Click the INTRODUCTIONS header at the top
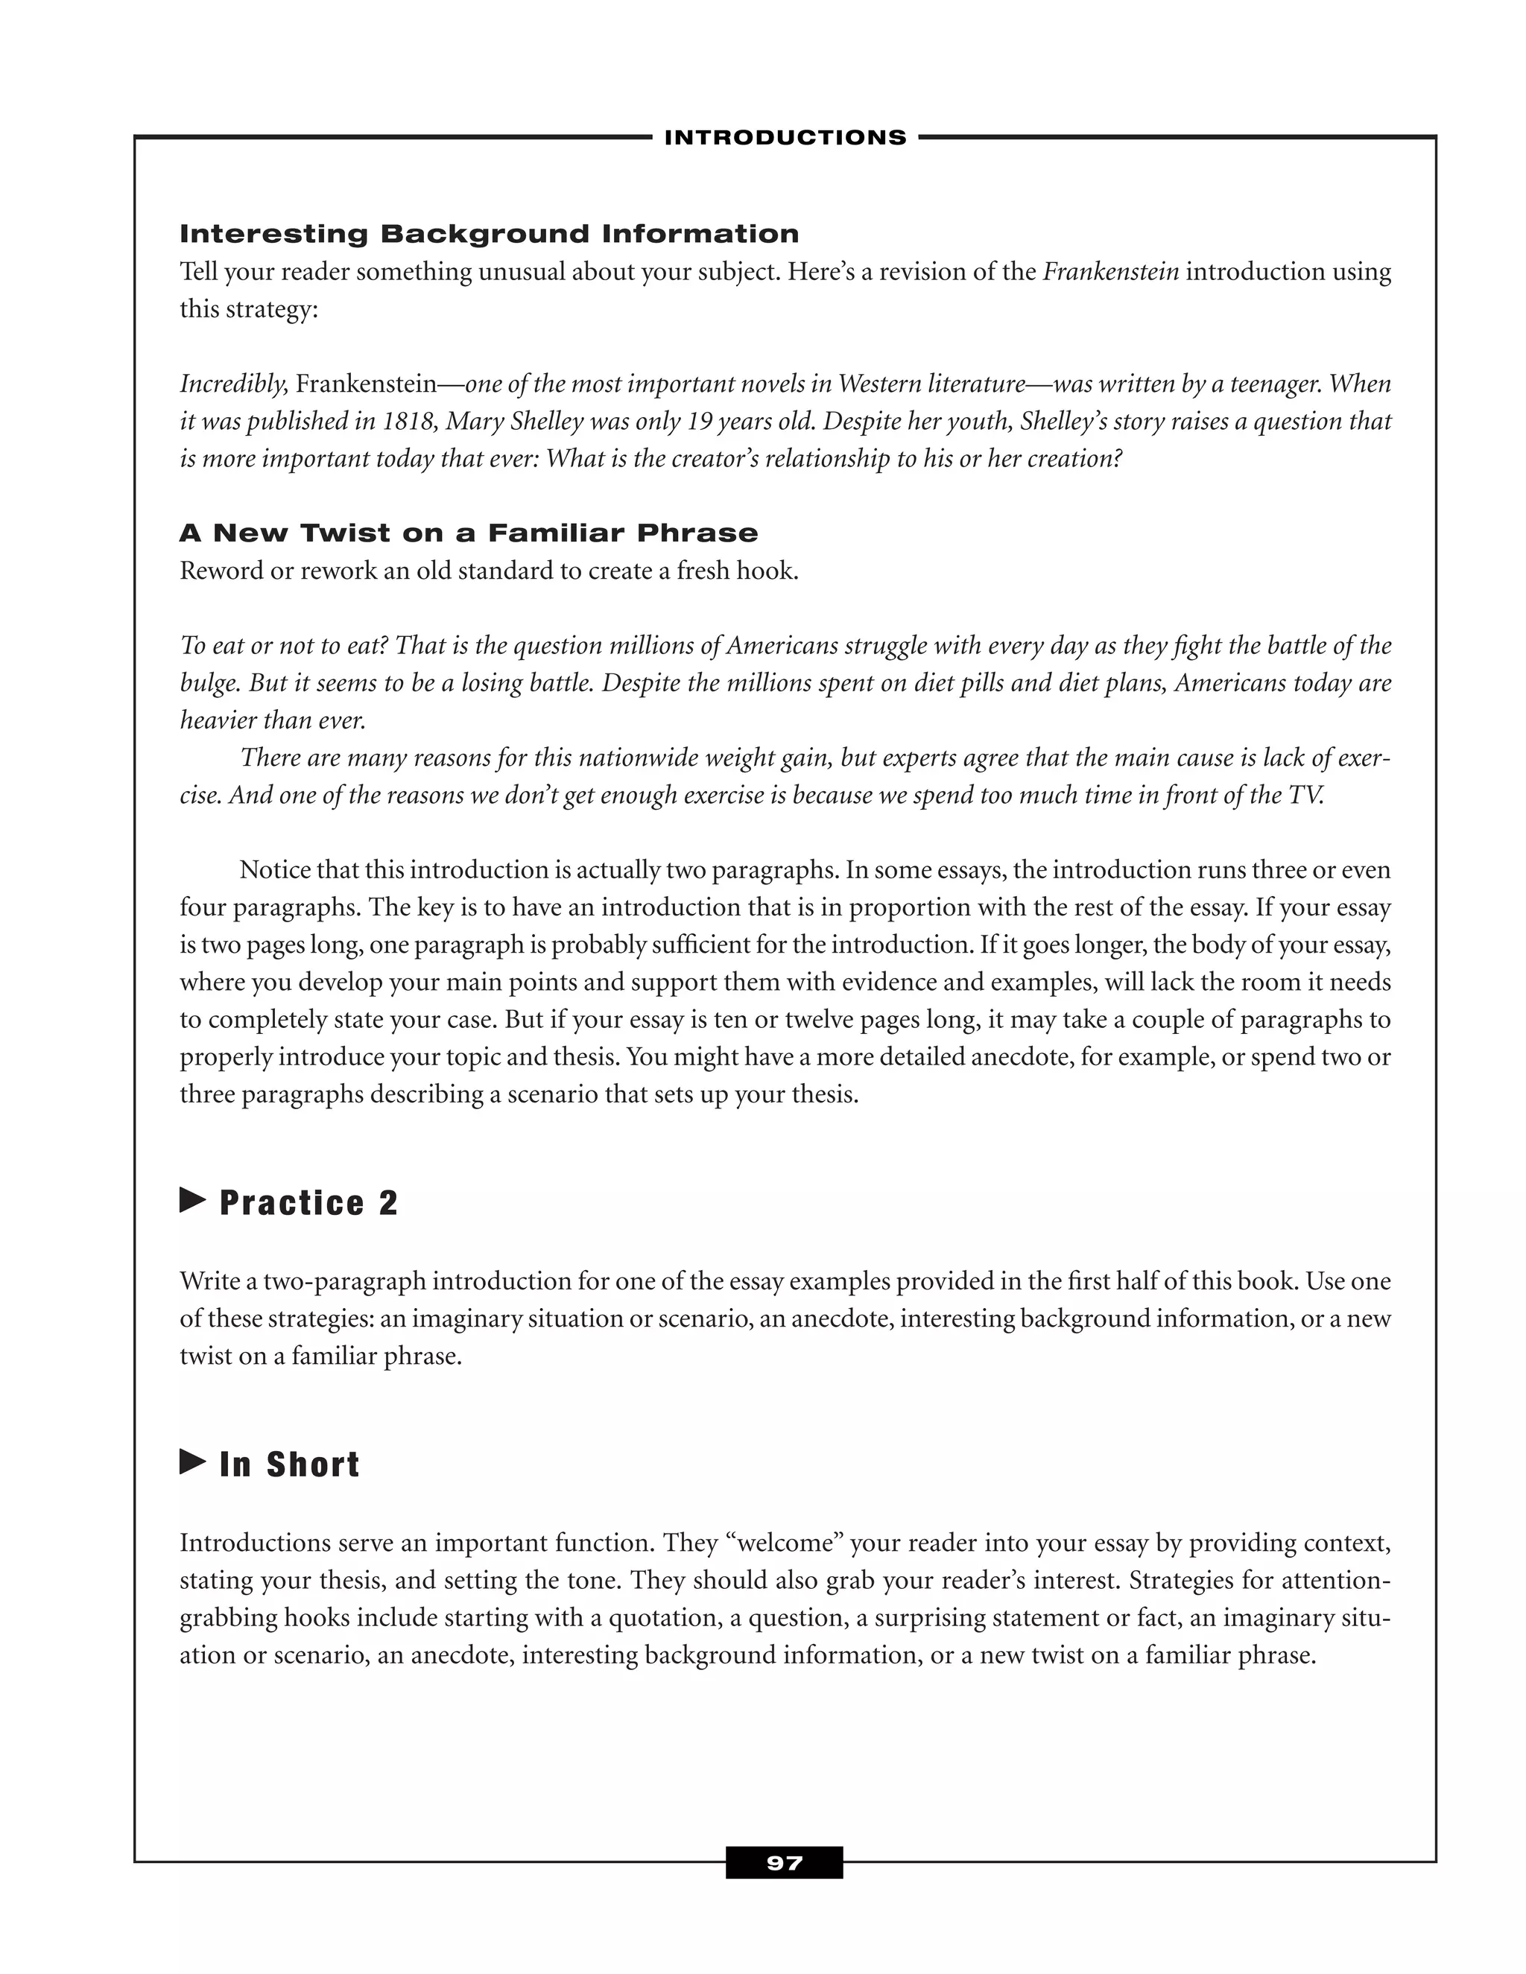pyautogui.click(x=785, y=137)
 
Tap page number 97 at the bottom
pyautogui.click(x=784, y=1863)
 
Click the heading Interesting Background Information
pyautogui.click(x=489, y=234)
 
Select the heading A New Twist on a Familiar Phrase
pyautogui.click(x=468, y=533)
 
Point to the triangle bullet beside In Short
pyautogui.click(x=192, y=1462)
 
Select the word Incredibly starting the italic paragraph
pyautogui.click(x=233, y=385)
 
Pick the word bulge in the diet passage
pyautogui.click(x=209, y=683)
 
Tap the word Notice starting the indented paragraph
pyautogui.click(x=276, y=870)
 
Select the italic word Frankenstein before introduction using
pyautogui.click(x=1111, y=272)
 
